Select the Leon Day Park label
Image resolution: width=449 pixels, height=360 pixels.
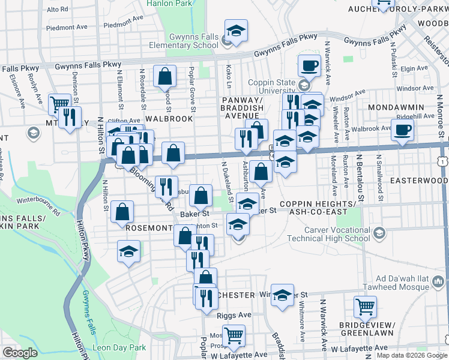(119, 347)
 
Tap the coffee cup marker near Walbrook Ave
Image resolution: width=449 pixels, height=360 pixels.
(402, 130)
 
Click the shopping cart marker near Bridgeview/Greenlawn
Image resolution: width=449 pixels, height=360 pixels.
(365, 307)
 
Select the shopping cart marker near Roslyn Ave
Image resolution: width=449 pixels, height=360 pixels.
(59, 104)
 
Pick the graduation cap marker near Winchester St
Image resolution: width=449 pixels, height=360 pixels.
(282, 295)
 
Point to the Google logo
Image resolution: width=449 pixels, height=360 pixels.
(20, 353)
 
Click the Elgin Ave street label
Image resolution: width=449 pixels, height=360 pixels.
(414, 68)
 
